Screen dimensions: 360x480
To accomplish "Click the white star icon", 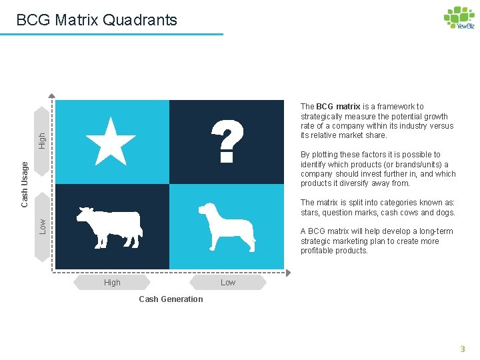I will point(111,141).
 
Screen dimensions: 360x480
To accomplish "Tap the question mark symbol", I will point(227,141).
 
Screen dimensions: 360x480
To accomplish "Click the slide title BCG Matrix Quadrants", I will point(97,20).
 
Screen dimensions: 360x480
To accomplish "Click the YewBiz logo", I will point(459,18).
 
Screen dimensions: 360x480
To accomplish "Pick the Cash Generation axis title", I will point(171,299).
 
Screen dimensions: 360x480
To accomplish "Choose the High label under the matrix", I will point(113,283).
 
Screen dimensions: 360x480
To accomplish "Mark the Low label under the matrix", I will point(228,283).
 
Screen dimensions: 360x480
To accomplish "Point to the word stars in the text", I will point(311,213).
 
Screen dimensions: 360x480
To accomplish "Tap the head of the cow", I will point(84,215).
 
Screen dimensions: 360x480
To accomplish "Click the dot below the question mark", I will point(227,159).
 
